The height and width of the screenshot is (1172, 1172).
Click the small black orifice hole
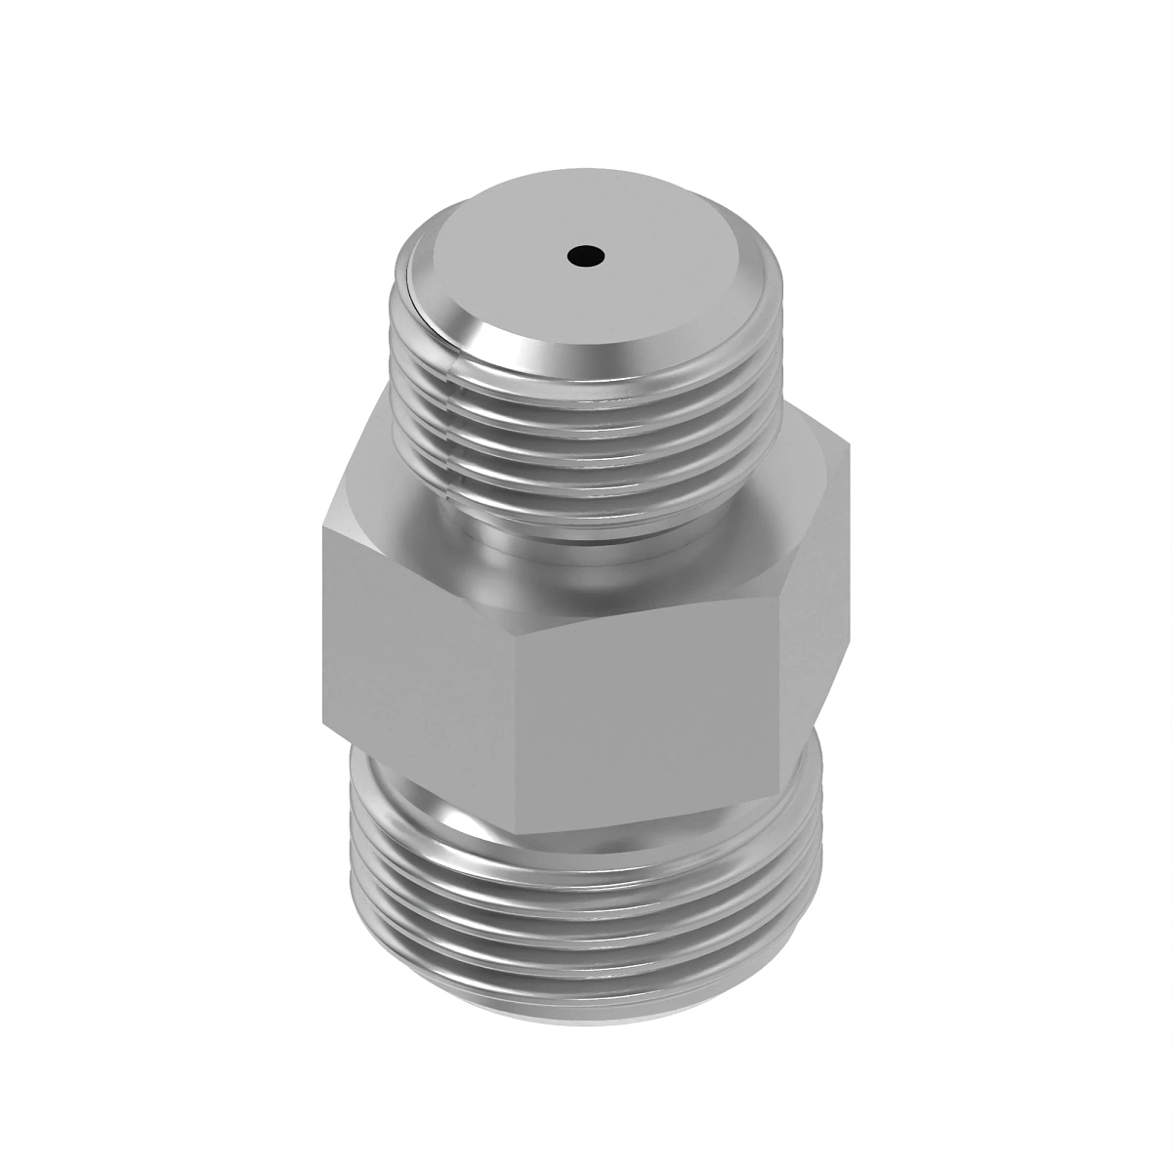point(585,258)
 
